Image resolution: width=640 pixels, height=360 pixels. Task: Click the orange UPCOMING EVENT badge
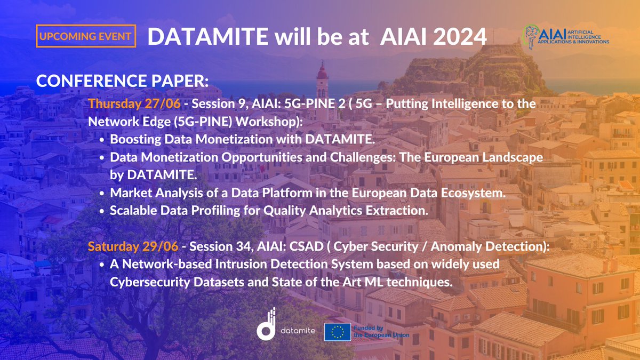click(86, 36)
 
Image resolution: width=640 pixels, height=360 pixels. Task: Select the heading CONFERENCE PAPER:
click(122, 82)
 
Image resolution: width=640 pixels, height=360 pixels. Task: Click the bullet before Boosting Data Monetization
click(102, 140)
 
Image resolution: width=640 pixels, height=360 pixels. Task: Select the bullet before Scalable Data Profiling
click(102, 211)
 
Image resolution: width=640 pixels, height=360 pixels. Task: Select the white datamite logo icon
click(267, 324)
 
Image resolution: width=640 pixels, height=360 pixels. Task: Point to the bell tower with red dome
click(322, 80)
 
